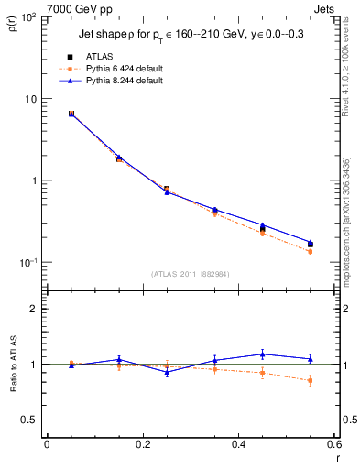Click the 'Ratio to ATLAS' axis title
(x=12, y=365)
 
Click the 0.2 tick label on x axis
(x=142, y=445)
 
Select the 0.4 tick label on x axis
(x=238, y=445)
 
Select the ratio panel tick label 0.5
(x=30, y=420)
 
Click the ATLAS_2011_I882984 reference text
(x=190, y=273)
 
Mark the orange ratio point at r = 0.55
(x=310, y=380)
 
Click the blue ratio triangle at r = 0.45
(x=262, y=354)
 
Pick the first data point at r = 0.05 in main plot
(x=71, y=114)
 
